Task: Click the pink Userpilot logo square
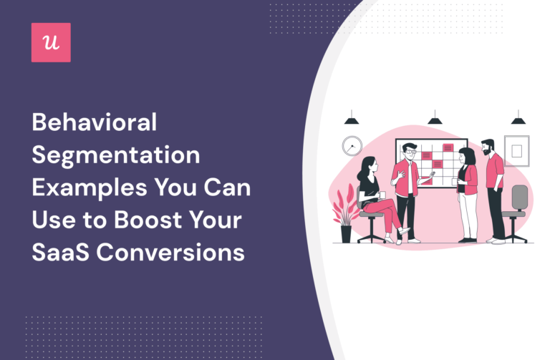(51, 42)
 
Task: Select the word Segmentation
(115, 155)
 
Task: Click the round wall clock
(352, 146)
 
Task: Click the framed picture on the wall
(516, 150)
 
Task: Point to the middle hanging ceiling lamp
(435, 120)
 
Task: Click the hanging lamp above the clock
(352, 120)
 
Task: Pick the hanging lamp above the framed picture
(518, 120)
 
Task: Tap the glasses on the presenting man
(410, 152)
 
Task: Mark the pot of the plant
(347, 233)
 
